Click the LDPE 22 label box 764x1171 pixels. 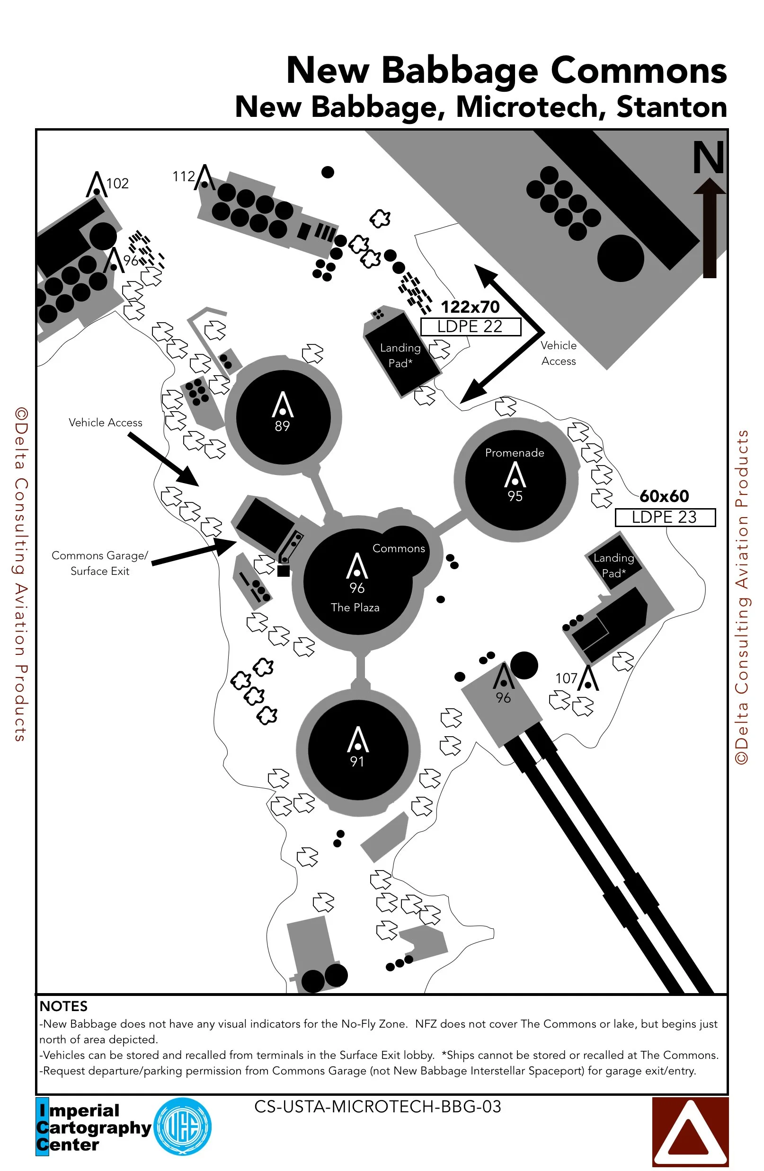pos(470,327)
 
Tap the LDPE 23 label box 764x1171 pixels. pos(665,517)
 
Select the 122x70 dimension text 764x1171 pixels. pos(470,307)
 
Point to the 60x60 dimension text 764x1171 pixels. pos(664,496)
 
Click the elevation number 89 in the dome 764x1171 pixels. pos(282,426)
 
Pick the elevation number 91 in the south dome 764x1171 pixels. pos(357,762)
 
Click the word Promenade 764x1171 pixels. pos(515,453)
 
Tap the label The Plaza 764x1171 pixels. pos(355,608)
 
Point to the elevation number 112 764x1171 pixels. pos(184,176)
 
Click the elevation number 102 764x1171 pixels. pos(118,184)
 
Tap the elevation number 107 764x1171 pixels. pos(566,678)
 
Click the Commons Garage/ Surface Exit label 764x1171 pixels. pos(100,563)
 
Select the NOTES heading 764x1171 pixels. pos(63,1006)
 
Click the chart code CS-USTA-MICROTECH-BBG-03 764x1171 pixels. pos(378,1107)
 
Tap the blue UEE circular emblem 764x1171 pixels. pos(183,1127)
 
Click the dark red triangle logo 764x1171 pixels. pos(690,1132)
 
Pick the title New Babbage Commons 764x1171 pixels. pos(506,70)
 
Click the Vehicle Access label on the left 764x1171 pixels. pos(106,423)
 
